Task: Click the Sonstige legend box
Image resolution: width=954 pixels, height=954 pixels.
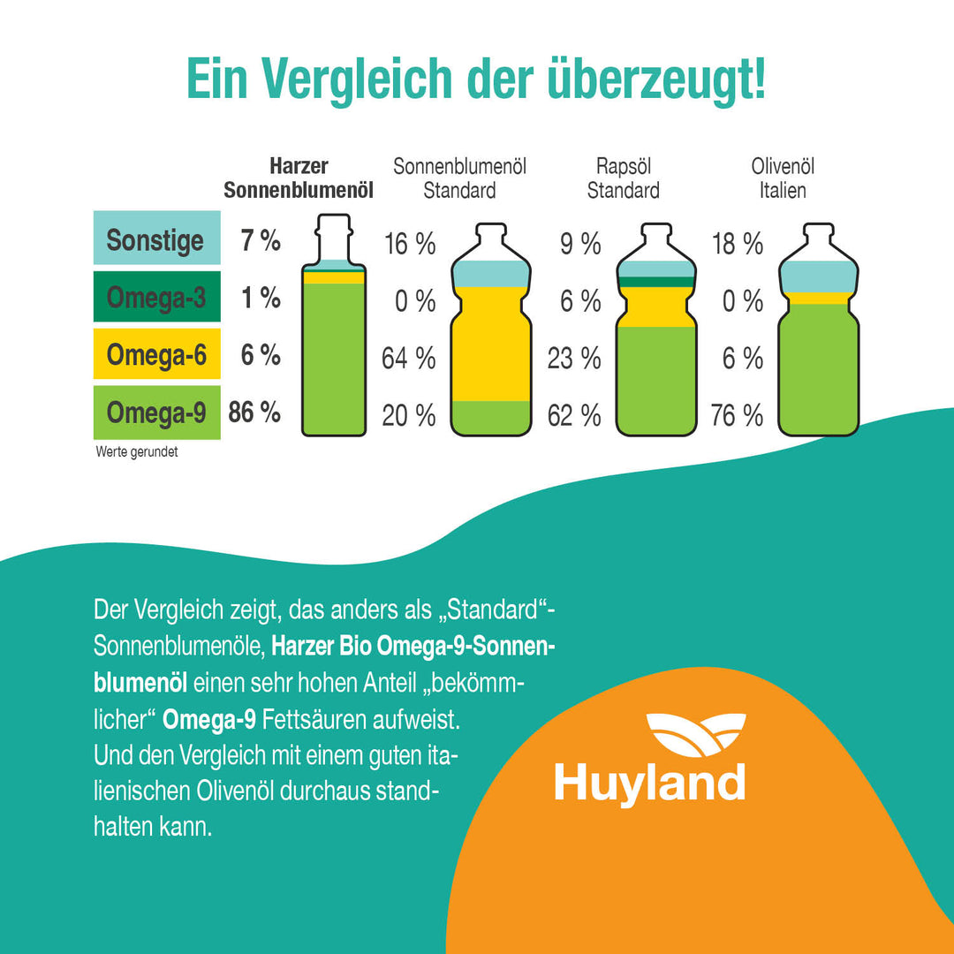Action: click(x=156, y=238)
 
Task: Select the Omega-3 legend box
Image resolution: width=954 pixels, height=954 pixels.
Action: click(x=156, y=297)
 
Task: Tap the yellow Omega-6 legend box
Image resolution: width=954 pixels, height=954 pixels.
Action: click(x=156, y=355)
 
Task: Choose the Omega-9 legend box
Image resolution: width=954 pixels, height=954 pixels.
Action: click(x=156, y=413)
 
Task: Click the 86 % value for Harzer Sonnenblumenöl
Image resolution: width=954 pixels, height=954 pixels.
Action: click(x=254, y=413)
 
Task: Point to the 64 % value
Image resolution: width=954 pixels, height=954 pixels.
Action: click(x=408, y=359)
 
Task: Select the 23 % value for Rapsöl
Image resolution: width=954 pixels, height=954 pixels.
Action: click(x=574, y=359)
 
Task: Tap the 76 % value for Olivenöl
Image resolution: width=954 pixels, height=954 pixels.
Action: click(x=737, y=415)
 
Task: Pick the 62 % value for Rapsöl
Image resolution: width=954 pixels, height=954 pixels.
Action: click(x=574, y=415)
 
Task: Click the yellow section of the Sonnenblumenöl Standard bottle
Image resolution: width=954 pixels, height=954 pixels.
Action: click(x=491, y=344)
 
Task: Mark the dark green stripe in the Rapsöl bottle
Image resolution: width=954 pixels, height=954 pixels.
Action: click(x=654, y=283)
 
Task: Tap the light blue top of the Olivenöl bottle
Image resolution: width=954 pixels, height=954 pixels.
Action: click(x=818, y=276)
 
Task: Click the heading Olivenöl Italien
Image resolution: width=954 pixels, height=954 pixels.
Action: click(x=783, y=178)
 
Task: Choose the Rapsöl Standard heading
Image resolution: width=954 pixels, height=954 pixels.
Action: click(x=624, y=178)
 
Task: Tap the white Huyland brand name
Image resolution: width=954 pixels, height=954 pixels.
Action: click(x=649, y=783)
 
